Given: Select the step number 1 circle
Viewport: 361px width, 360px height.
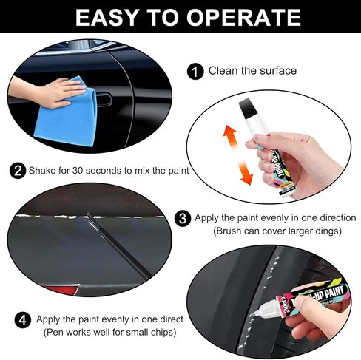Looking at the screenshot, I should coord(196,72).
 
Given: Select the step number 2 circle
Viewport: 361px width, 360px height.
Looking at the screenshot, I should coord(17,171).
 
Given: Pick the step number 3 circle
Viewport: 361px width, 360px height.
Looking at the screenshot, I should coord(183,218).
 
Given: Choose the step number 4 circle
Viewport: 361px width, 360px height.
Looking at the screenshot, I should coord(23,320).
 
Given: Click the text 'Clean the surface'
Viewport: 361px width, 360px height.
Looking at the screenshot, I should coord(252,72).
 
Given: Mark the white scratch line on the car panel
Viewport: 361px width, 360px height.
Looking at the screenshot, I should coord(59,217).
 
